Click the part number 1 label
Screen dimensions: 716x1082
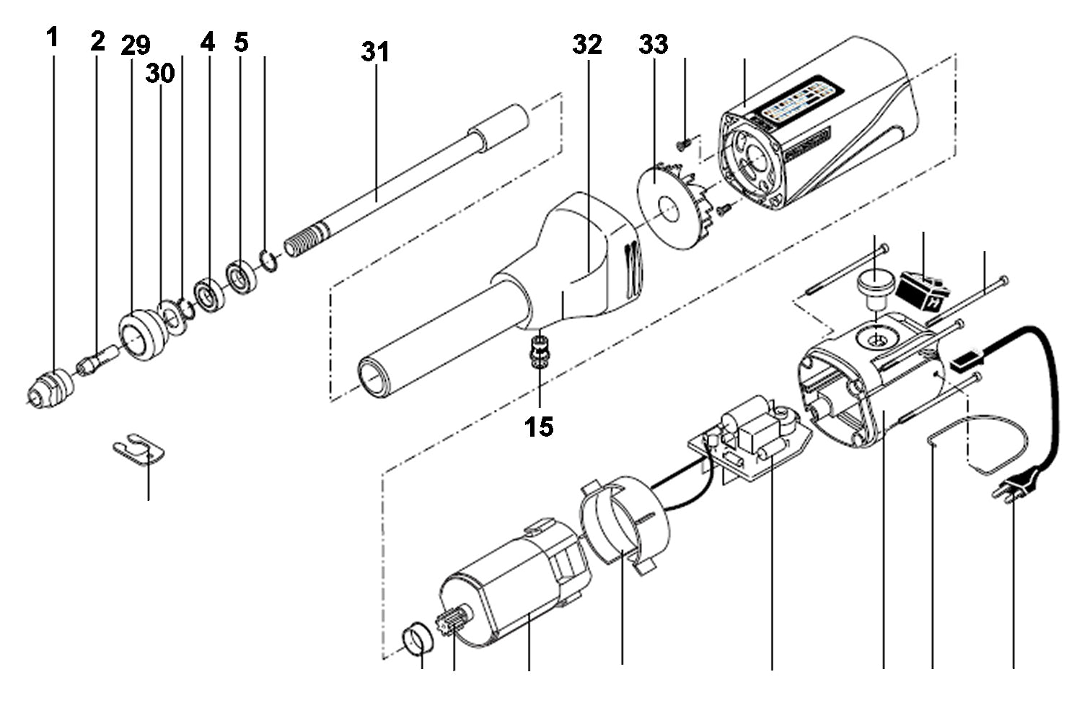click(52, 38)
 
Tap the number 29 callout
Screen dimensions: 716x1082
click(136, 46)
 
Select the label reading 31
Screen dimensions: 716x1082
click(375, 52)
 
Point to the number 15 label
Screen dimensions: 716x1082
click(539, 427)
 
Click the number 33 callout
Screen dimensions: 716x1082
click(653, 45)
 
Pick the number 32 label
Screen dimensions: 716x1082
click(587, 45)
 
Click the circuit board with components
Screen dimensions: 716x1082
click(750, 437)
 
